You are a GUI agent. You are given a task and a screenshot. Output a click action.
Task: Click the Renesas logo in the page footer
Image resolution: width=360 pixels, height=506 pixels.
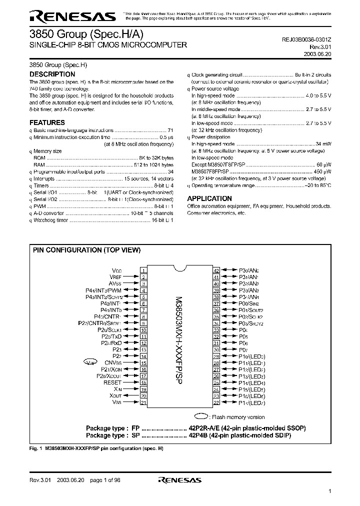[x=179, y=480]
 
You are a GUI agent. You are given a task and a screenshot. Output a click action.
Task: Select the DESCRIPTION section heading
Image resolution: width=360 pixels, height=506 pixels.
[x=52, y=74]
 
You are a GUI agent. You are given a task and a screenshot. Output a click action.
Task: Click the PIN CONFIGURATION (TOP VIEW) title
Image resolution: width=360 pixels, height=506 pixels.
[x=86, y=250]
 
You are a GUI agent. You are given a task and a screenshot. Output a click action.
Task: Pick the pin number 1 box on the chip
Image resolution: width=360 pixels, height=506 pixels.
[x=143, y=270]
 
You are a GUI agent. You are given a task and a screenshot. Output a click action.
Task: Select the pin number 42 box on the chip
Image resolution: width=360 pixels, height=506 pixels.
[x=216, y=270]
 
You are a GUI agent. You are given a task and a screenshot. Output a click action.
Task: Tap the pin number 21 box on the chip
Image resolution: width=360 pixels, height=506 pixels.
[x=143, y=402]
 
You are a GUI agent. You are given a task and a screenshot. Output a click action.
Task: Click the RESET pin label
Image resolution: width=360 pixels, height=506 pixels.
[x=112, y=382]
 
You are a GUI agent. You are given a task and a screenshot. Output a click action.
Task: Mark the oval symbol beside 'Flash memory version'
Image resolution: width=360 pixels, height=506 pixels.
[x=201, y=415]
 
